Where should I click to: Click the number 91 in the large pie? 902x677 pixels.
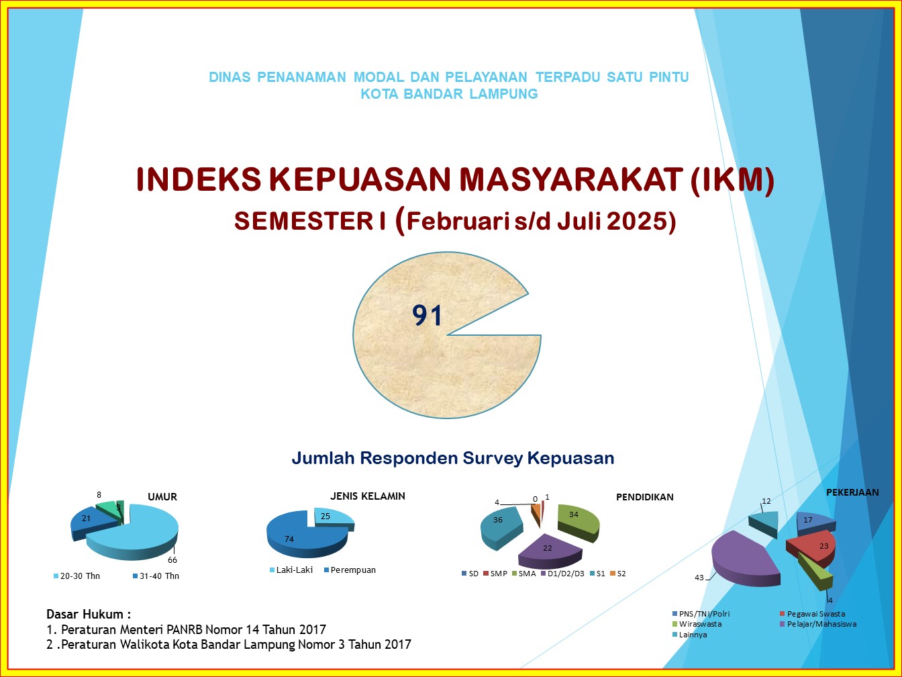[427, 315]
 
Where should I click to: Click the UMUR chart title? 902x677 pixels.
[162, 497]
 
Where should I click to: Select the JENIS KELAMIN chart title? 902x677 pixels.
[367, 496]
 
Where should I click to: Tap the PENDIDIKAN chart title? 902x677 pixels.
[645, 497]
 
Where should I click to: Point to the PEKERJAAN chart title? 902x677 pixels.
[852, 492]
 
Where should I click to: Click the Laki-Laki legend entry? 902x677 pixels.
[291, 570]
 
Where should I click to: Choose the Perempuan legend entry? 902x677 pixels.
[350, 570]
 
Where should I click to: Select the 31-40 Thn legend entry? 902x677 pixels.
[156, 576]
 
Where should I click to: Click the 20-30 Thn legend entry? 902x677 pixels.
[77, 576]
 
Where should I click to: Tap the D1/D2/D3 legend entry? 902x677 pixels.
[562, 574]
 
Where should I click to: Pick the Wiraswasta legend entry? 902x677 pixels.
[697, 624]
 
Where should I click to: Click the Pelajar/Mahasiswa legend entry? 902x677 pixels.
[818, 624]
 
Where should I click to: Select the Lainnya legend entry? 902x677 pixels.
[689, 634]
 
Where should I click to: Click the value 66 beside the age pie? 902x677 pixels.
[172, 560]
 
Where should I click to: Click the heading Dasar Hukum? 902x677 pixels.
[89, 614]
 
